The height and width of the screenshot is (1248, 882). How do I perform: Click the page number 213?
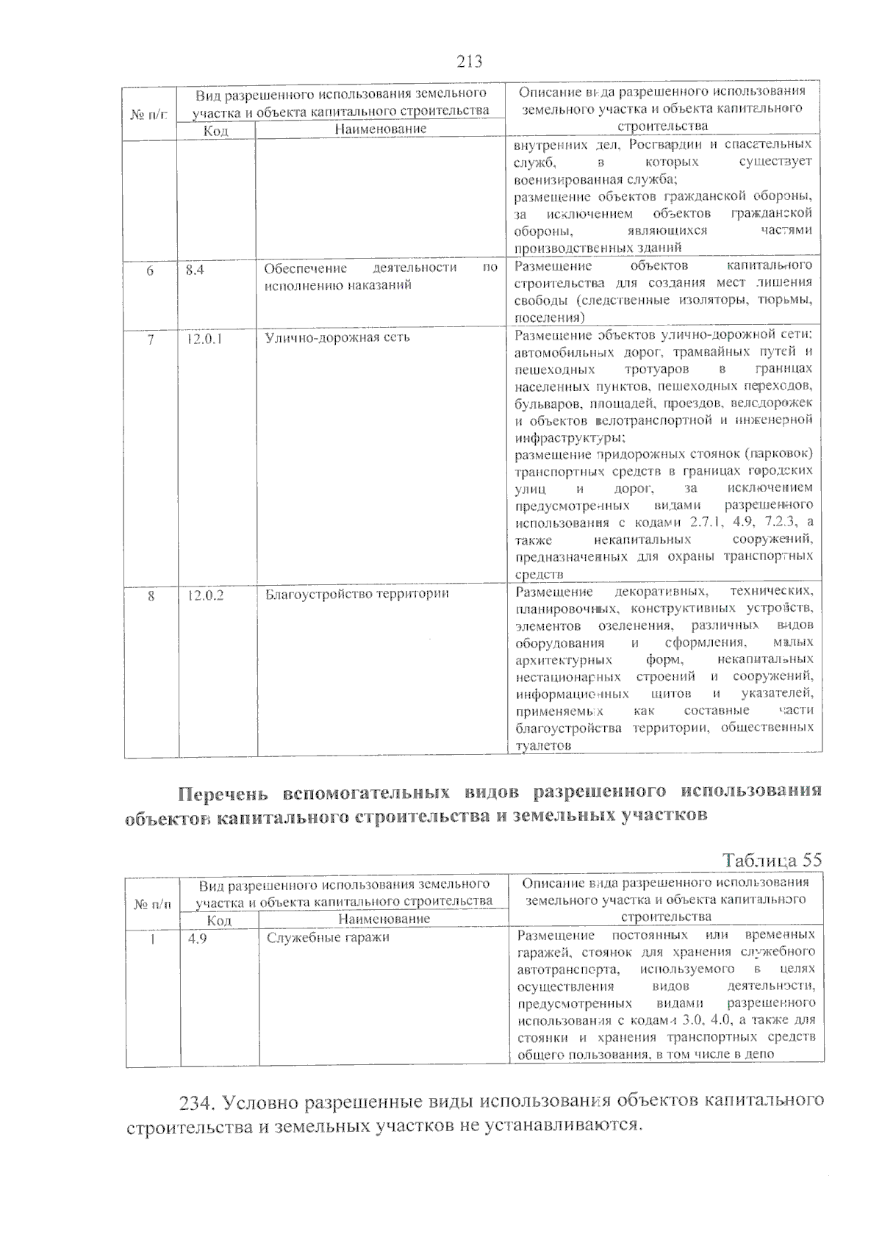click(x=469, y=62)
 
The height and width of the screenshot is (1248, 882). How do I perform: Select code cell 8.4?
click(x=195, y=270)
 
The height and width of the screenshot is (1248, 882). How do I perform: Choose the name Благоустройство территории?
click(x=356, y=594)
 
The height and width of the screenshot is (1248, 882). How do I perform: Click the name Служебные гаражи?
click(x=328, y=938)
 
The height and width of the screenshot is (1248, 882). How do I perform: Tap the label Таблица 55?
click(x=772, y=860)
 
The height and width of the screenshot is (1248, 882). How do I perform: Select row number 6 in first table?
click(x=150, y=270)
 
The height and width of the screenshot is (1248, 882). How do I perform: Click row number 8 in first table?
click(x=151, y=595)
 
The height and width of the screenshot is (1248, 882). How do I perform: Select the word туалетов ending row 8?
click(x=543, y=745)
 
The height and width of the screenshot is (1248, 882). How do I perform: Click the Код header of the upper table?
click(x=215, y=131)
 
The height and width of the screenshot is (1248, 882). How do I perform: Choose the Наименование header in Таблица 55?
click(x=384, y=919)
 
